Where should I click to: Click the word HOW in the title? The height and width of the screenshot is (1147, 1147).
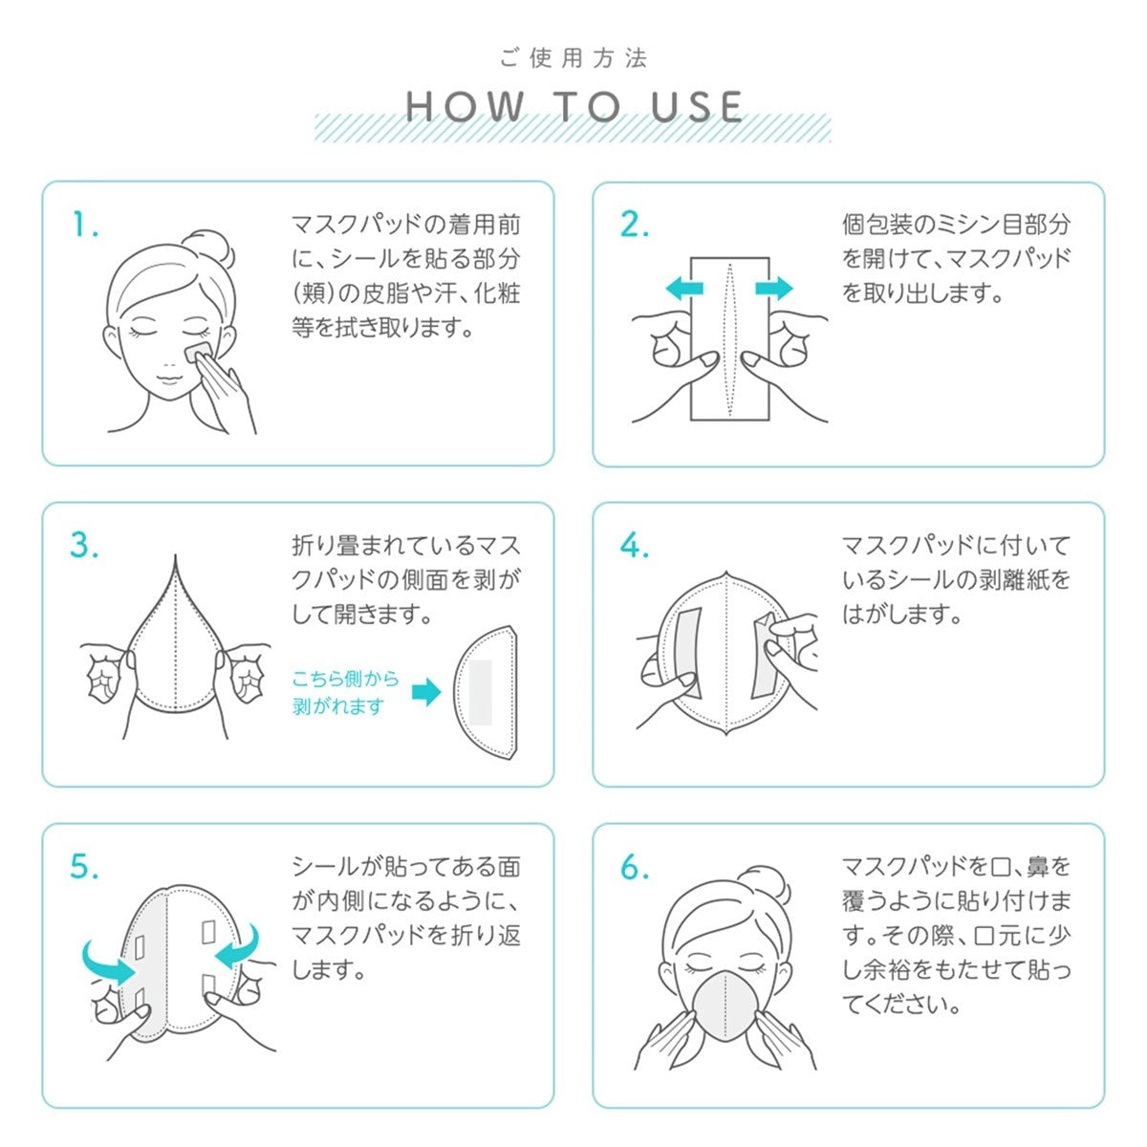(465, 106)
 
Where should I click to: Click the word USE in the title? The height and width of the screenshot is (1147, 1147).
(697, 106)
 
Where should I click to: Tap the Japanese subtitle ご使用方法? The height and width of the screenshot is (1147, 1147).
(573, 58)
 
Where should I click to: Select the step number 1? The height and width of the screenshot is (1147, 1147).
(85, 225)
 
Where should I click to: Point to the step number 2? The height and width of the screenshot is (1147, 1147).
(635, 225)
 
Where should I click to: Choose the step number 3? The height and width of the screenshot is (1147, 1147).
(84, 545)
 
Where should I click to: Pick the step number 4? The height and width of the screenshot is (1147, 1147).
(635, 545)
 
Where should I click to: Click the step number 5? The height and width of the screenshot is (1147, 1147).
(84, 867)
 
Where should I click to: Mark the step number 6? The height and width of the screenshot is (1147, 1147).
(635, 867)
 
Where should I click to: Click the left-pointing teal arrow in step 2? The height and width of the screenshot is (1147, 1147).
(684, 289)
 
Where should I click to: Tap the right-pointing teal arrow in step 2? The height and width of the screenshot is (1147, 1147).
(774, 289)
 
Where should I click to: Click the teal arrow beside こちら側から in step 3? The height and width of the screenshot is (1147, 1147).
(426, 692)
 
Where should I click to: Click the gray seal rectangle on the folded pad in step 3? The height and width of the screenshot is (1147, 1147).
(481, 692)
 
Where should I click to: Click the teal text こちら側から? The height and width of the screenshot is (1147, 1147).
(345, 679)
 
